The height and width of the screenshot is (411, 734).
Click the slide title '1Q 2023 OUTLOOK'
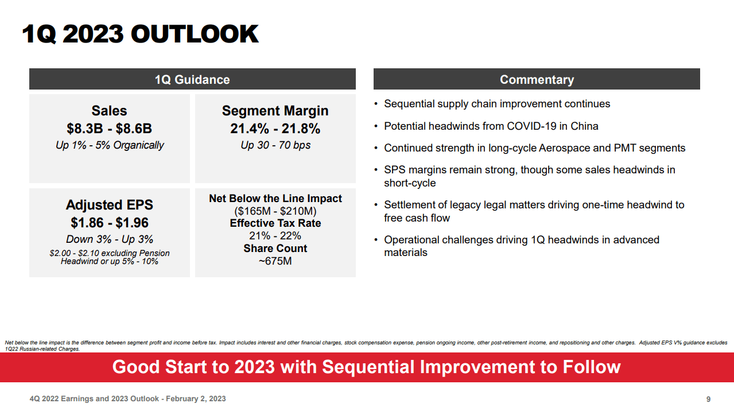140,34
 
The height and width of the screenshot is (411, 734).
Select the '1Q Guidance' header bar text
192,80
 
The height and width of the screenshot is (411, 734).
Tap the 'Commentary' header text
537,80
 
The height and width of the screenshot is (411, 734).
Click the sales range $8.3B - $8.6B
109,129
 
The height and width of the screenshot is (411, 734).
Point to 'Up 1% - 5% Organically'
109,145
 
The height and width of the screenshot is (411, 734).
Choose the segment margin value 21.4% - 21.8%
275,129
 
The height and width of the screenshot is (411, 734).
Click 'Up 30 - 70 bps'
275,145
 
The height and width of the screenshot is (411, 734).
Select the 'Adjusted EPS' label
109,205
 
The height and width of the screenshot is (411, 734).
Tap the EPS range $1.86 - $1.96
109,223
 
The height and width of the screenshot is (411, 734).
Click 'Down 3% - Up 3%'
109,239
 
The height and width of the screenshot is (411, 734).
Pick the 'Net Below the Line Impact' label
275,199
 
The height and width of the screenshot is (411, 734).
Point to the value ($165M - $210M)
275,211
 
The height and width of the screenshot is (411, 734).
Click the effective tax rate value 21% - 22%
275,236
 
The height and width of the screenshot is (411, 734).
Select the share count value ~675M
275,261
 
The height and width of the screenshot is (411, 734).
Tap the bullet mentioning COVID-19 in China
491,126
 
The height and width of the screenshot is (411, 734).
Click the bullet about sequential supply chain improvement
496,104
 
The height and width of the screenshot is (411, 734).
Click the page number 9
708,399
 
